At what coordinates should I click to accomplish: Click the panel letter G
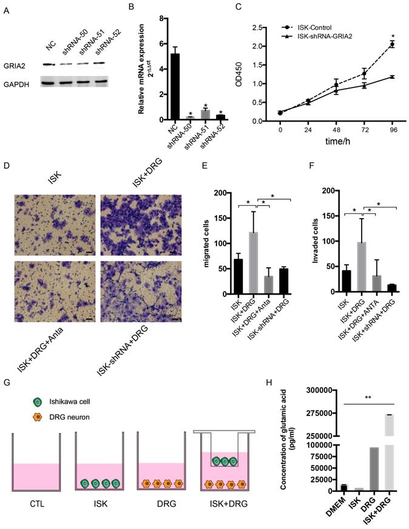pyautogui.click(x=6, y=381)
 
